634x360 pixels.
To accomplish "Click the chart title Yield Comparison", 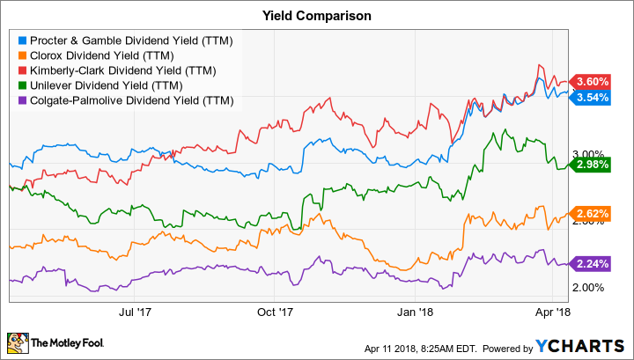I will pyautogui.click(x=316, y=16).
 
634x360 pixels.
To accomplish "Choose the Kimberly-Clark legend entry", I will pyautogui.click(x=110, y=70).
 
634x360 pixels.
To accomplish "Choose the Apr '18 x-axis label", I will pyautogui.click(x=552, y=311).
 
